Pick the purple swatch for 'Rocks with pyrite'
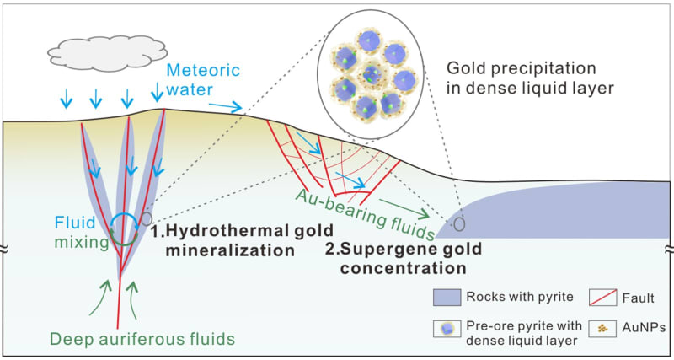click(455, 298)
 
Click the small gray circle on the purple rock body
click(459, 225)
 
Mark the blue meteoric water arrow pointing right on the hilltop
click(224, 106)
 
